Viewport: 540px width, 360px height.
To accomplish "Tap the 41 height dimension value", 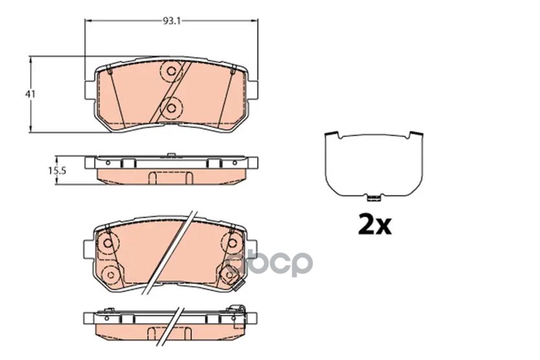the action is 30,94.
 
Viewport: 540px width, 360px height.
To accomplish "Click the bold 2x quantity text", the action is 375,225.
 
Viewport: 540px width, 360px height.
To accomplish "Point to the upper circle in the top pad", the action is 171,71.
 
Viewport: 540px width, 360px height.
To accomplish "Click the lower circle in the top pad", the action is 171,109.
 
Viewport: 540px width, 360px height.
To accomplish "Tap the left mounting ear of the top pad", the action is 90,90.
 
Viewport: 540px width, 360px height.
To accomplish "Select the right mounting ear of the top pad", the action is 253,90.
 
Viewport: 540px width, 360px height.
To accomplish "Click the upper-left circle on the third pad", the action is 108,243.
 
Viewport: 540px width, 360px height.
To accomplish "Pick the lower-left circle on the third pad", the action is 111,275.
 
